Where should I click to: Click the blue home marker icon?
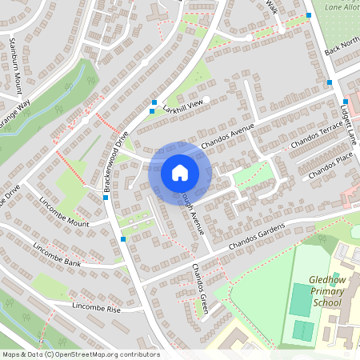tap(180, 172)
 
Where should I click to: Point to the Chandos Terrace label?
tap(317, 138)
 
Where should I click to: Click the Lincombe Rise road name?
tap(96, 307)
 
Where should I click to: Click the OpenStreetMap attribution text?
tap(80, 354)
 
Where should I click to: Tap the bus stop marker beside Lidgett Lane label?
tap(329, 82)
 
